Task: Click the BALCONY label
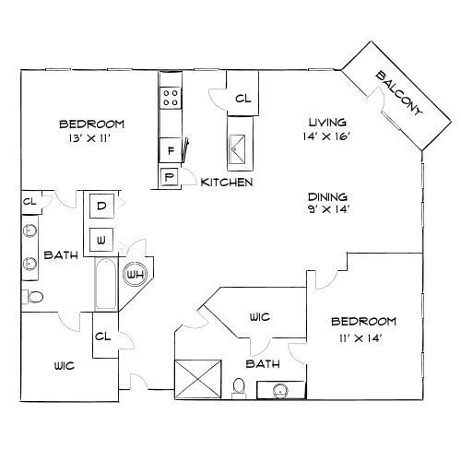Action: [x=398, y=93]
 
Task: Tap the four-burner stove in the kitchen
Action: [x=171, y=98]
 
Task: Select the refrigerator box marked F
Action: [x=171, y=150]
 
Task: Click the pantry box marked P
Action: [x=169, y=177]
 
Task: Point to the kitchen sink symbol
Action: [x=237, y=149]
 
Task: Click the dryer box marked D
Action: [x=101, y=206]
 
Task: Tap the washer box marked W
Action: [x=101, y=240]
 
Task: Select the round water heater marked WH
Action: [x=136, y=275]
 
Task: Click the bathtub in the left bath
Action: [x=105, y=284]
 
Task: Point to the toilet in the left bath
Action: [x=33, y=297]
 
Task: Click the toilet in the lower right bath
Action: [x=239, y=388]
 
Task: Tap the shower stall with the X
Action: [x=197, y=379]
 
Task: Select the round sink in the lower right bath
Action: [x=280, y=391]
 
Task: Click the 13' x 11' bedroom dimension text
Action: [x=89, y=138]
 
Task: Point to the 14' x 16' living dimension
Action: [x=326, y=136]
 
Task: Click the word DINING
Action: [x=327, y=196]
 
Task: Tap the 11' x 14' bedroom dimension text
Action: [x=361, y=338]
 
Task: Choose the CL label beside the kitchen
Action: [x=242, y=99]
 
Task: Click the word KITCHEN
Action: [x=227, y=183]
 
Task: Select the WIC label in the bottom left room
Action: [x=65, y=366]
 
